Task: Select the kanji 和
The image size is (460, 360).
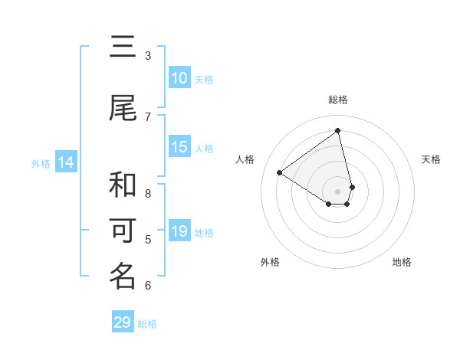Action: pyautogui.click(x=123, y=185)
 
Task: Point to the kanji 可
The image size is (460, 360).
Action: pyautogui.click(x=123, y=231)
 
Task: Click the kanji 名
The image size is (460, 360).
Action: pyautogui.click(x=123, y=277)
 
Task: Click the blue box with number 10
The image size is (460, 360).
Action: pyautogui.click(x=179, y=78)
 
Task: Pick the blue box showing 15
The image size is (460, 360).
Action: pyautogui.click(x=179, y=147)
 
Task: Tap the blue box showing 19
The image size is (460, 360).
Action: pyautogui.click(x=179, y=231)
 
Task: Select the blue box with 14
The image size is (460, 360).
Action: pyautogui.click(x=66, y=162)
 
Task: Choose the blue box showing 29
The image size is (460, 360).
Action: pyautogui.click(x=123, y=322)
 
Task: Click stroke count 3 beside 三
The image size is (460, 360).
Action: pyautogui.click(x=148, y=56)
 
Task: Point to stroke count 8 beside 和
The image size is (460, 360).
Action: pyautogui.click(x=148, y=194)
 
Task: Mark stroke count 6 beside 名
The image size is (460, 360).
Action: pyautogui.click(x=148, y=286)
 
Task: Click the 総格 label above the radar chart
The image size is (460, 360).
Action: pyautogui.click(x=338, y=100)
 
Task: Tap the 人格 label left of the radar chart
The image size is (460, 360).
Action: pyautogui.click(x=245, y=159)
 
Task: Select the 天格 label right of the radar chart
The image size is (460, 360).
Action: pyautogui.click(x=431, y=159)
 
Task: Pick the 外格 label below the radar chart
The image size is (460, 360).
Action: pyautogui.click(x=270, y=262)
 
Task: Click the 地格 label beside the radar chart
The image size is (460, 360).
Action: pyautogui.click(x=402, y=262)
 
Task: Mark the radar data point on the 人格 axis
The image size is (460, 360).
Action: pyautogui.click(x=280, y=172)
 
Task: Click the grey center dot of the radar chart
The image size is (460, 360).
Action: pyautogui.click(x=338, y=191)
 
